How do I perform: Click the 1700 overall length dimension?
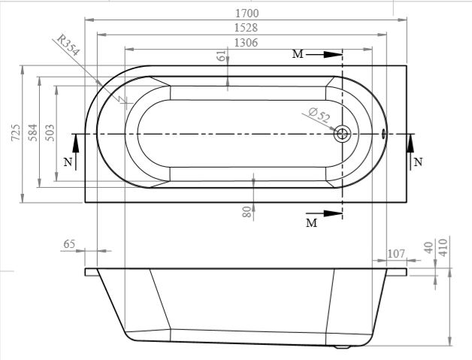247,14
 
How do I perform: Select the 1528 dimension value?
247,28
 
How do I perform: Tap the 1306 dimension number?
247,43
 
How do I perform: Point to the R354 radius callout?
68,45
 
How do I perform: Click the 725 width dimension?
16,132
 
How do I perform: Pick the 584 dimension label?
32,132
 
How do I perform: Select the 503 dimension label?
50,132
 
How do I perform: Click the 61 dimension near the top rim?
222,56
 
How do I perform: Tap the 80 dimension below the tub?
247,212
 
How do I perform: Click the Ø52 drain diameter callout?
319,115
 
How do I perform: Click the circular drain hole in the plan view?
342,134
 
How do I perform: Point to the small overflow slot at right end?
383,134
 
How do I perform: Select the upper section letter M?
298,54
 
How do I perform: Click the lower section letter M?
312,223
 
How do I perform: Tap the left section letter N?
68,162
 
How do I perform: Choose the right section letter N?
418,162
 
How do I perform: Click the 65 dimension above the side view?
69,244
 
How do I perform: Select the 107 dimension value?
396,254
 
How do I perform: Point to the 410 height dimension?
443,247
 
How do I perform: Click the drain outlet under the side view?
342,346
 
